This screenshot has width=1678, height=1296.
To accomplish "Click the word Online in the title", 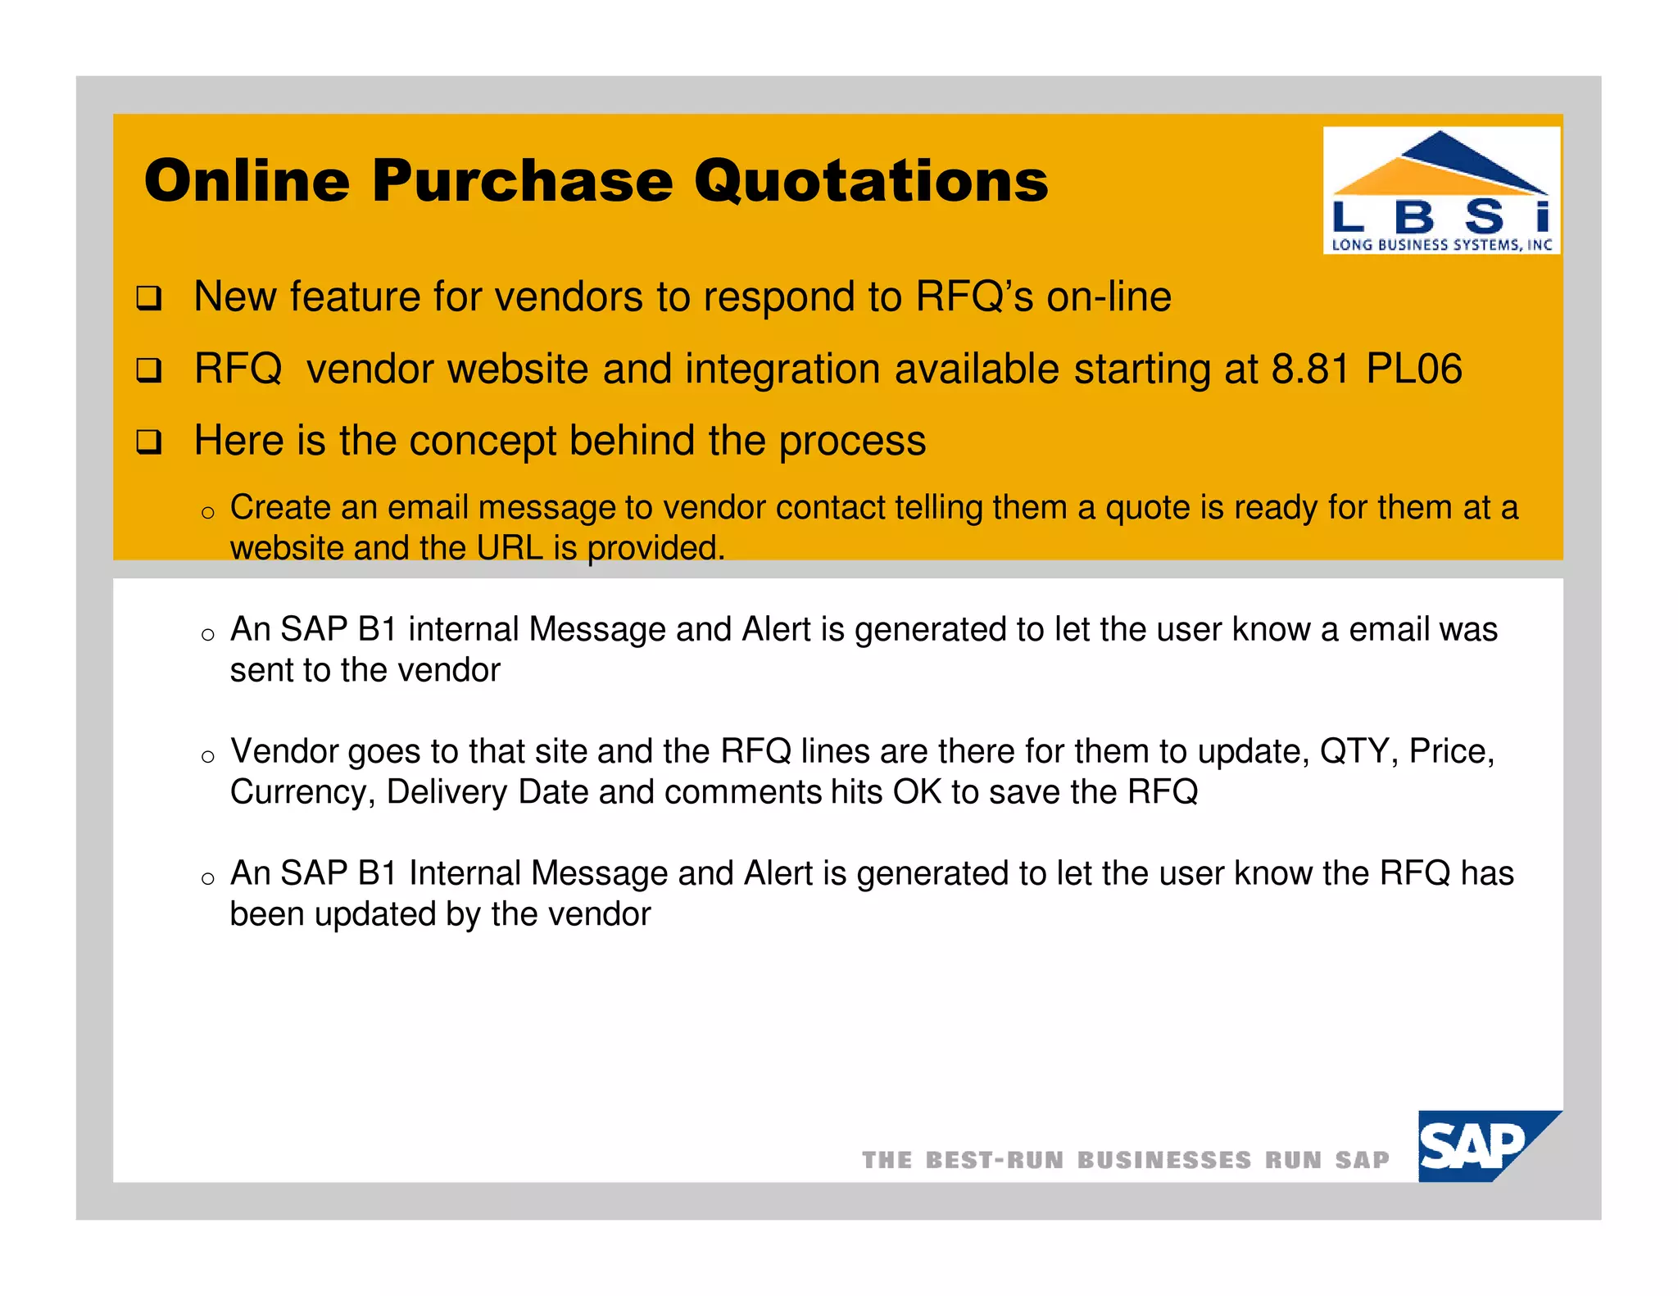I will click(x=247, y=181).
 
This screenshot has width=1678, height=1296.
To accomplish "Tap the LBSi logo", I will click(x=1441, y=190).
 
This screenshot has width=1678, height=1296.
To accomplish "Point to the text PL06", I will click(x=1414, y=369).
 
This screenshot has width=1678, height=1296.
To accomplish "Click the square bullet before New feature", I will click(x=149, y=297).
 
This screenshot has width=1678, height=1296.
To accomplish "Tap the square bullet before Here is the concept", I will click(x=149, y=442).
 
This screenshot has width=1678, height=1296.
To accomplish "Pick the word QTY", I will click(x=1353, y=751).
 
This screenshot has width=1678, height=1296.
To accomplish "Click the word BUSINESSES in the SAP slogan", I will click(x=1164, y=1160).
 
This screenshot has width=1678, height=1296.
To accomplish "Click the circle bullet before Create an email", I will click(x=208, y=513).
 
